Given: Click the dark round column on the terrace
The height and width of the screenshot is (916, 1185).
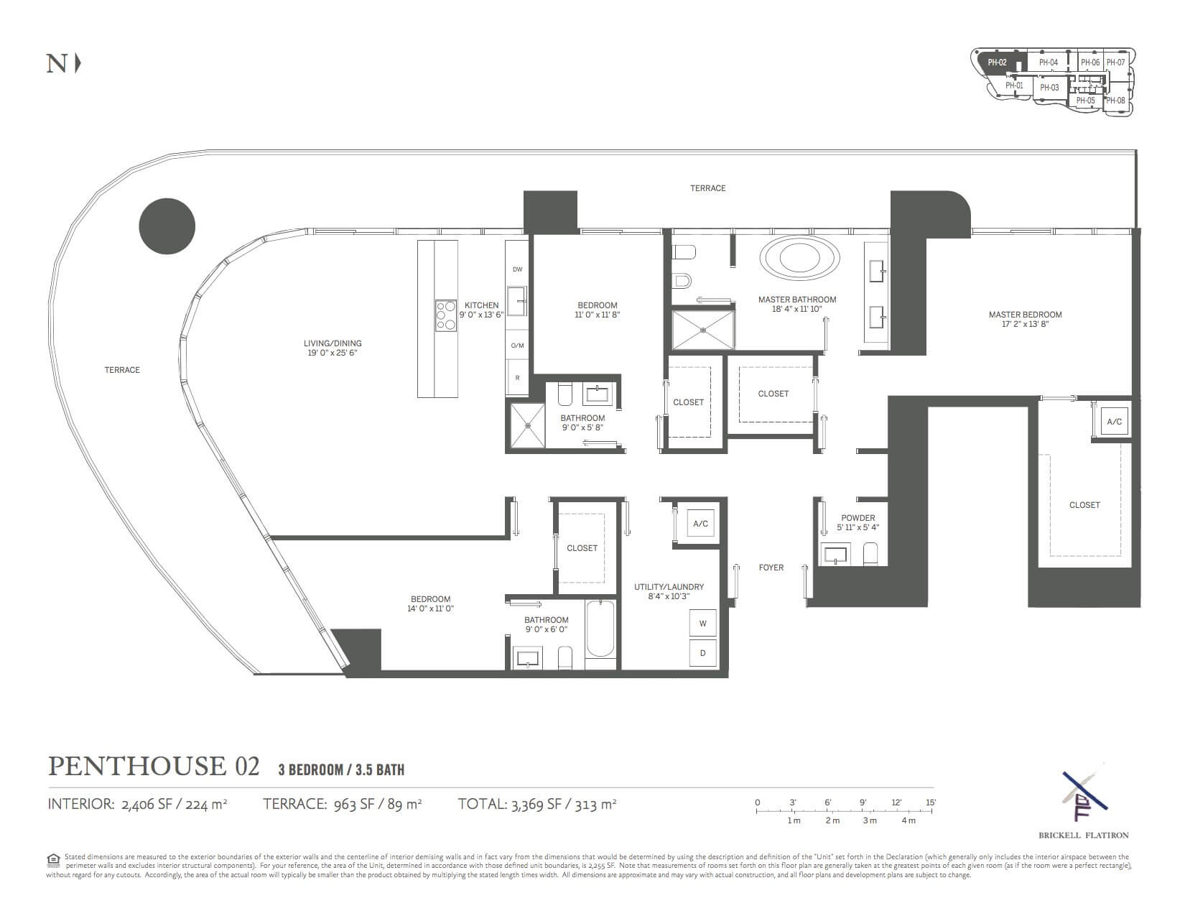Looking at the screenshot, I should pos(167,226).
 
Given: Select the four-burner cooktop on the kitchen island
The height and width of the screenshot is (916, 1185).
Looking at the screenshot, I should pos(445,315).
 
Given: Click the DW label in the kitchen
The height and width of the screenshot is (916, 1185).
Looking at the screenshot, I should pos(517,269).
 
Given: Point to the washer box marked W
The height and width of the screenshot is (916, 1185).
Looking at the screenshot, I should pos(702,624).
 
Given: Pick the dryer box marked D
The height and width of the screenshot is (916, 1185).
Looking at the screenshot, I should pos(702,653).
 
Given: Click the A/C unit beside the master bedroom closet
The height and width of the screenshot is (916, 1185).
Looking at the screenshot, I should pos(1114,422).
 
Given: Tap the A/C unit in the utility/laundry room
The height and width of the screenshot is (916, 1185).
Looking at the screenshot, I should pos(700,524).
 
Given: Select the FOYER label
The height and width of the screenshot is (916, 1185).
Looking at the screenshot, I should pos(771,568).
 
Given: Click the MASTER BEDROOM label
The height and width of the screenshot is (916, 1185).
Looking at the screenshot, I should pos(1025,315).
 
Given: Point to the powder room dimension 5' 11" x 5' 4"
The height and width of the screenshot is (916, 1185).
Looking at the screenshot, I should pos(858,527).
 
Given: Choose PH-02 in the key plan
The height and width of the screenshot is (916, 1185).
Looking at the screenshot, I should pos(997,63).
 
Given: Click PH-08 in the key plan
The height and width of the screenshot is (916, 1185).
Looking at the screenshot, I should pos(1115,101).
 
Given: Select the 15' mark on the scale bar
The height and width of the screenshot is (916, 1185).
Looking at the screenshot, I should pos(931,802).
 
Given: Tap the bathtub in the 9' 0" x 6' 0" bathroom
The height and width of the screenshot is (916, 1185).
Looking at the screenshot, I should pos(600,629).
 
